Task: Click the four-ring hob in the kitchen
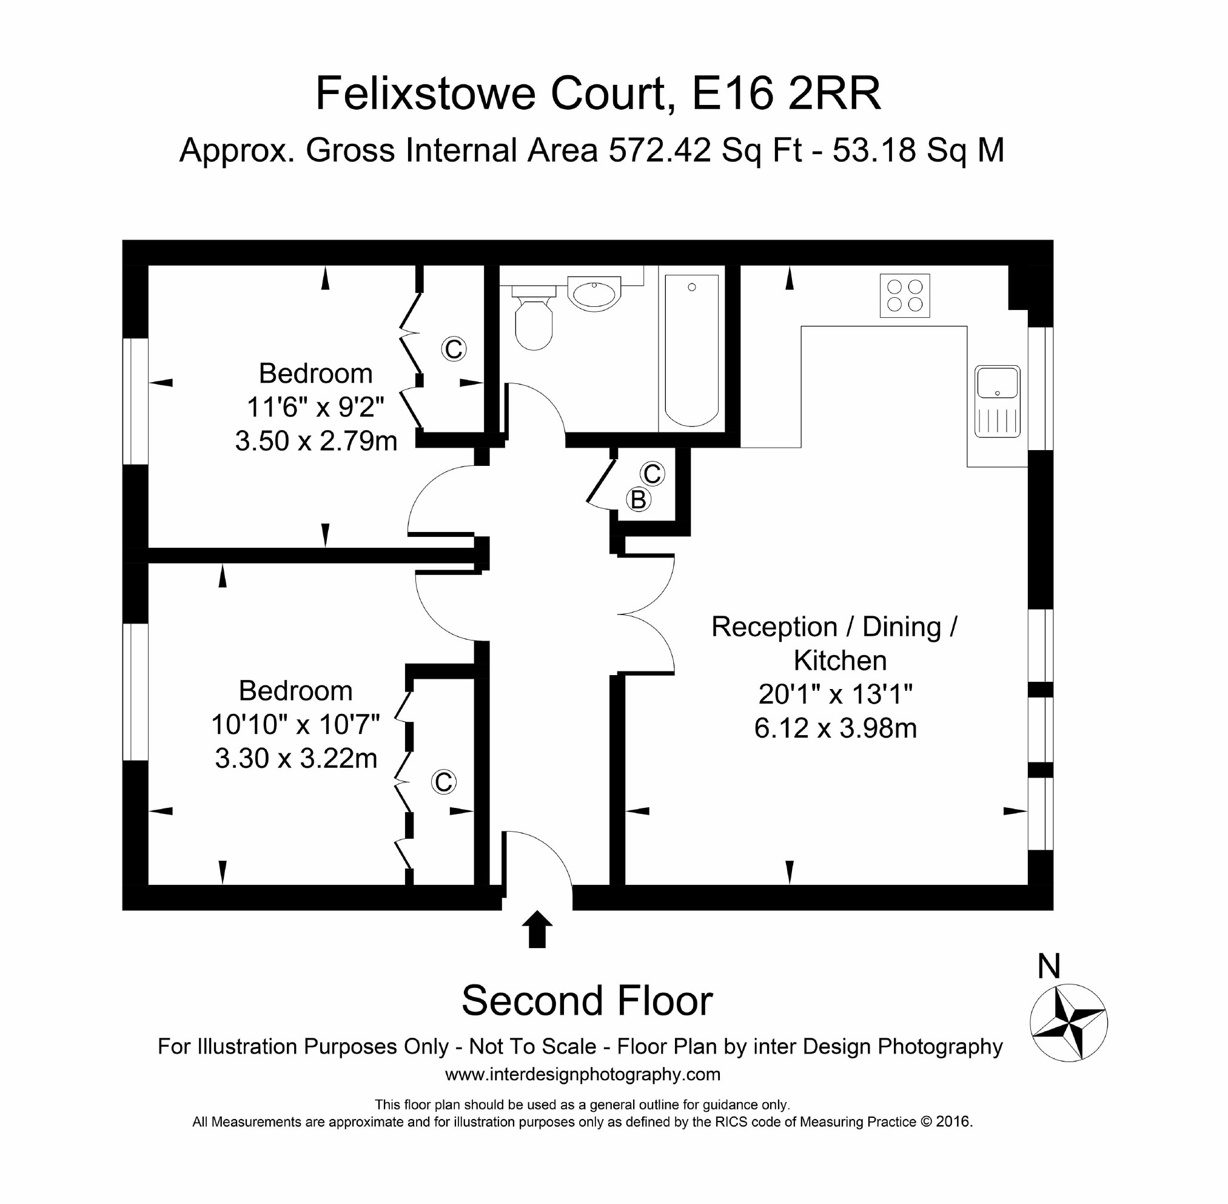pyautogui.click(x=904, y=295)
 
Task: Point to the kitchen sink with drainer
pyautogui.click(x=997, y=402)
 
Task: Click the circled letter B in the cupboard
pyautogui.click(x=638, y=500)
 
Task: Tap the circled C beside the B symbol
pyautogui.click(x=652, y=474)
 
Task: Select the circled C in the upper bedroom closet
pyautogui.click(x=454, y=349)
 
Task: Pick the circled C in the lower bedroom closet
pyautogui.click(x=443, y=782)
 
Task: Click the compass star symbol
pyautogui.click(x=1068, y=1023)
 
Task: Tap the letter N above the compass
pyautogui.click(x=1049, y=966)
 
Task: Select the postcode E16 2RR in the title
pyautogui.click(x=786, y=93)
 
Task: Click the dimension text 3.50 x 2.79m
pyautogui.click(x=316, y=441)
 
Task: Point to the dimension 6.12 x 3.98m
pyautogui.click(x=834, y=728)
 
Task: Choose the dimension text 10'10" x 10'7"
pyautogui.click(x=295, y=725)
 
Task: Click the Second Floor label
pyautogui.click(x=587, y=1001)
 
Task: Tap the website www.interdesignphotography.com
pyautogui.click(x=582, y=1074)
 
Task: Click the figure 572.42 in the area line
pyautogui.click(x=660, y=150)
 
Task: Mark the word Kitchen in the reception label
pyautogui.click(x=840, y=661)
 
